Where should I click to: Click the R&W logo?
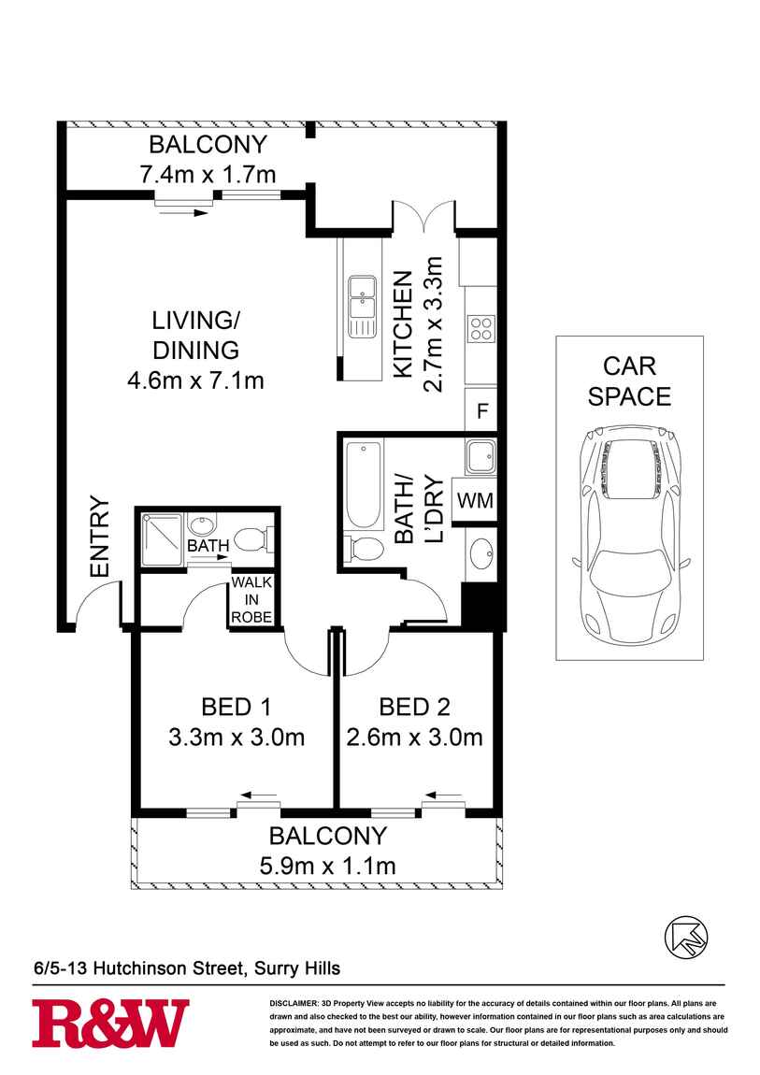(x=110, y=1023)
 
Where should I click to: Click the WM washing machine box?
(x=474, y=500)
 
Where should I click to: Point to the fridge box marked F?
(x=481, y=410)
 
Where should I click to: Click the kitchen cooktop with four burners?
(x=481, y=328)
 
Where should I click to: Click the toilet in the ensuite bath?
(x=253, y=538)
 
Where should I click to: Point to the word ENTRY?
(x=99, y=537)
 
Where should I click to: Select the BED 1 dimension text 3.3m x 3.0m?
(x=236, y=738)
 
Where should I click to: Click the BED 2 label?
(x=414, y=706)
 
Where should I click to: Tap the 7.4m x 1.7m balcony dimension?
(x=208, y=174)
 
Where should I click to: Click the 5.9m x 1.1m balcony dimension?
(x=326, y=866)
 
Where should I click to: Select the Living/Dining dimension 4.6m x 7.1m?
(x=195, y=380)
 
